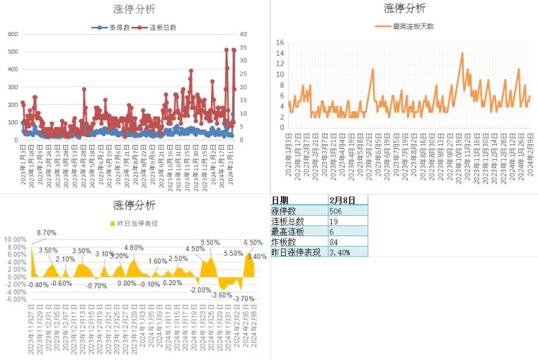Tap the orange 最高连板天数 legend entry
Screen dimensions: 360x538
coord(403,26)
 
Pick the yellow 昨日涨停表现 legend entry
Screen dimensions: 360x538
coord(134,224)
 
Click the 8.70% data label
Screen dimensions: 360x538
coord(47,233)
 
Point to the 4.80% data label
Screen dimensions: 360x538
coord(134,248)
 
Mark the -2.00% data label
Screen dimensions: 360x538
coord(200,290)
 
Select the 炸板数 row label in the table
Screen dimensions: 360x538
coord(286,242)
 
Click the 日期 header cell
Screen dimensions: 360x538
coord(280,200)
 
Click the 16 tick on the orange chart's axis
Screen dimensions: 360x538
coord(280,42)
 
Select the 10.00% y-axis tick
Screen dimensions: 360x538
coord(14,239)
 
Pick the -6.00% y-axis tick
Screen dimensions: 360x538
coord(14,299)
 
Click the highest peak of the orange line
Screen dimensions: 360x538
coord(462,53)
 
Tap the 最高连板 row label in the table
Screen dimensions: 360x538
coord(288,231)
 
